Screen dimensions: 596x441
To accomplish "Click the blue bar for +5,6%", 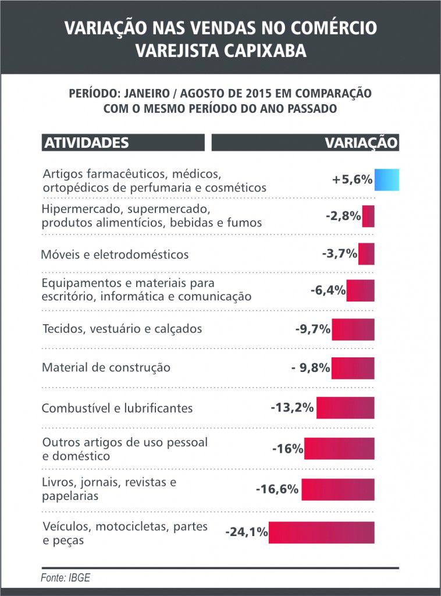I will (x=386, y=180).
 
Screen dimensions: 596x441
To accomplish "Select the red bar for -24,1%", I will (x=321, y=532).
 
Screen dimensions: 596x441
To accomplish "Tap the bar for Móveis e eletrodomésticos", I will (x=366, y=254).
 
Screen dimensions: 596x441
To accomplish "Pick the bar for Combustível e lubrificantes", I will (x=345, y=407).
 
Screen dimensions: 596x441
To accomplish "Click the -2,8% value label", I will (x=343, y=216).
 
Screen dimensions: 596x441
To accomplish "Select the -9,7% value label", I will (x=313, y=329).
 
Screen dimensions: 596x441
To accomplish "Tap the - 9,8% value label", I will (x=311, y=368).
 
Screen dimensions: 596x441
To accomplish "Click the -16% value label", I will (x=287, y=449).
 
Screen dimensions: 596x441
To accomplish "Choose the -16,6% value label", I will (x=277, y=489).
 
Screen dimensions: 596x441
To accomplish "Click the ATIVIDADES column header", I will (x=86, y=143).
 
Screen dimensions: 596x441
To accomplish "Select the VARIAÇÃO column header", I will (x=361, y=143).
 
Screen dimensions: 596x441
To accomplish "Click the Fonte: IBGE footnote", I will (x=65, y=579).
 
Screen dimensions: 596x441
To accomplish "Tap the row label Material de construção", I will (x=106, y=368).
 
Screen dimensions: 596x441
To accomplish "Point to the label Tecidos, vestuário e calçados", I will (x=122, y=329).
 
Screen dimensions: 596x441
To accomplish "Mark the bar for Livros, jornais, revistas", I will (x=337, y=489).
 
